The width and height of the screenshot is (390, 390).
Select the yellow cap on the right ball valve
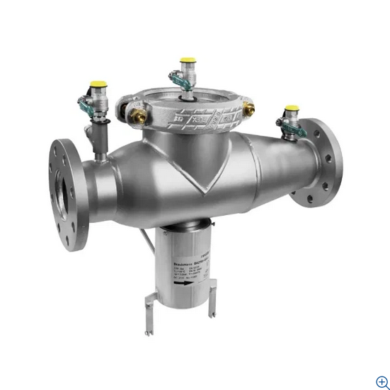[290, 110]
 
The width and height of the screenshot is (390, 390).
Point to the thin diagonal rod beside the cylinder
[147, 241]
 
